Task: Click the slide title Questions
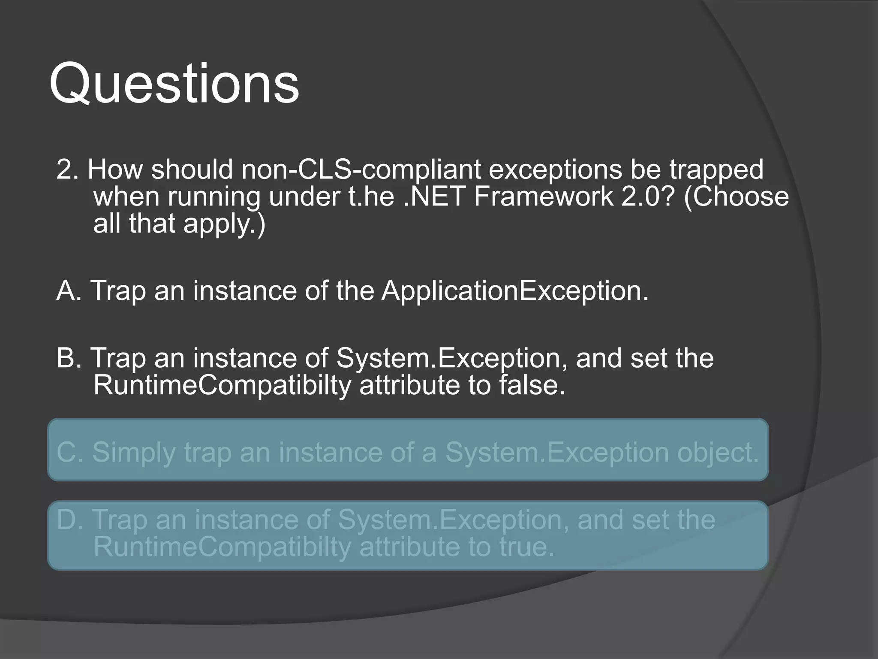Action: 174,84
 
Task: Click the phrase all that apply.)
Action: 179,224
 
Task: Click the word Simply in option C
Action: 134,453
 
